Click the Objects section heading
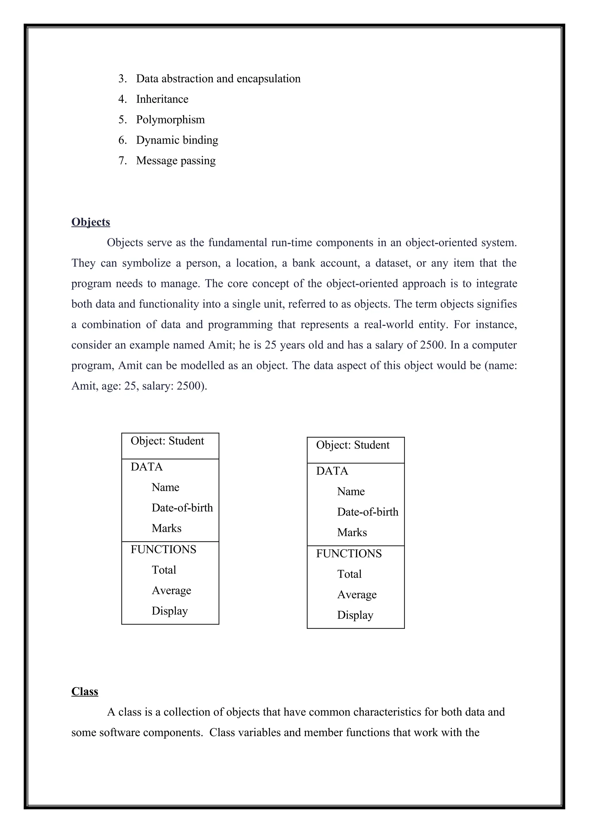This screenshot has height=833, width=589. pos(91,222)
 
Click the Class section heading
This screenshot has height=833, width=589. pos(85,691)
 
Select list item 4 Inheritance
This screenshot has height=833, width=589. pos(162,99)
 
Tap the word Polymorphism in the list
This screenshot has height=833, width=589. pos(171,119)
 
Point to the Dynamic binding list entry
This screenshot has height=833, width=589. pos(177,140)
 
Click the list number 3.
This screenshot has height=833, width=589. pos(122,79)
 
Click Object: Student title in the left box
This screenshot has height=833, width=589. pos(167,441)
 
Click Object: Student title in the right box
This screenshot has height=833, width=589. pos(353,445)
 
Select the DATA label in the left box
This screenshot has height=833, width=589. pos(146,467)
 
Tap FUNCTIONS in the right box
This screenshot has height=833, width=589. pos(349,554)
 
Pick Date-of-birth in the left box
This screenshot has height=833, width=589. pos(182,508)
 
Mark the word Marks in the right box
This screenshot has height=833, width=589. pos(352,533)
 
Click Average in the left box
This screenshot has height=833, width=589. pos(171,590)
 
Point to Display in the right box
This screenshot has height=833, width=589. pos(355,615)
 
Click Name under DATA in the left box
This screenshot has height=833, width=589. pos(165,487)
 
